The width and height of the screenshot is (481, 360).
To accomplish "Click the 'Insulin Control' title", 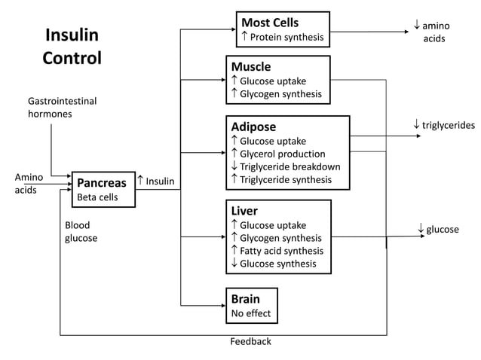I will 72,47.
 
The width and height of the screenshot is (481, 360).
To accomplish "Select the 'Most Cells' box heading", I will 269,23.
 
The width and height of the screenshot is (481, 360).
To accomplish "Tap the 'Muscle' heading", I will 250,66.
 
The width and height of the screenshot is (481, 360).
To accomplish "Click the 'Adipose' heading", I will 253,127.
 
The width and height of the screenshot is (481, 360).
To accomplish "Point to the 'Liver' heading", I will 244,211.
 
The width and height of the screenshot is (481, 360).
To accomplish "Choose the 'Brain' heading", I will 245,299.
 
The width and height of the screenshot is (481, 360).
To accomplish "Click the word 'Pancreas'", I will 102,183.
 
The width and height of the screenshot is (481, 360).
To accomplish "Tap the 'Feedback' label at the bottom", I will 250,341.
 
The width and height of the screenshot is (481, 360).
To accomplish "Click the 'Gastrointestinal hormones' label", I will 62,107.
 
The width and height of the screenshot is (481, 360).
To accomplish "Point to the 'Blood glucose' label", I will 81,231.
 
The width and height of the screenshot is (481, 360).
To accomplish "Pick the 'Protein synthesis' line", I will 286,37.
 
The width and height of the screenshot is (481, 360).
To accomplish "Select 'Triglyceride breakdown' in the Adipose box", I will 290,166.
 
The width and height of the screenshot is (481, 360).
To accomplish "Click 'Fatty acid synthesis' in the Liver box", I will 281,251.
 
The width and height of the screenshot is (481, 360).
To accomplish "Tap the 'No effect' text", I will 251,313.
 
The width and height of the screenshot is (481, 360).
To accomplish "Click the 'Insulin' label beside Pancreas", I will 159,181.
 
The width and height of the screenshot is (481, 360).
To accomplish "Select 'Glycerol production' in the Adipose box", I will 283,154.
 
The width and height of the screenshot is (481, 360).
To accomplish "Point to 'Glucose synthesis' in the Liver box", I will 278,264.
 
